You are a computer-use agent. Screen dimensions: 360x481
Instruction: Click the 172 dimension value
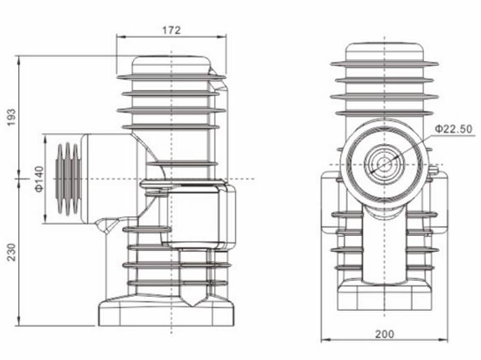(171, 30)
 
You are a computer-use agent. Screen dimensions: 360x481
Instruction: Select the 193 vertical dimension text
(10, 118)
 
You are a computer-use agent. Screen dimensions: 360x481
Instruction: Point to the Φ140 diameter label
(39, 179)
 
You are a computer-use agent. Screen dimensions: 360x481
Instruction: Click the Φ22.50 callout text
(453, 129)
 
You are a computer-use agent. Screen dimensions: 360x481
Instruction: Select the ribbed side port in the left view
(67, 179)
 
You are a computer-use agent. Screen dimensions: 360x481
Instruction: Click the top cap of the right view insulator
(385, 52)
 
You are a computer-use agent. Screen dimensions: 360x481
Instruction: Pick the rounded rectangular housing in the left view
(201, 215)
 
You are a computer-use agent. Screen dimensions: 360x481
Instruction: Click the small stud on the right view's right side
(434, 170)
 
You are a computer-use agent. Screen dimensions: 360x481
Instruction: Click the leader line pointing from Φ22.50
(415, 144)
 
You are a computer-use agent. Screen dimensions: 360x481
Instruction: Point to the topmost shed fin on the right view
(385, 64)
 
